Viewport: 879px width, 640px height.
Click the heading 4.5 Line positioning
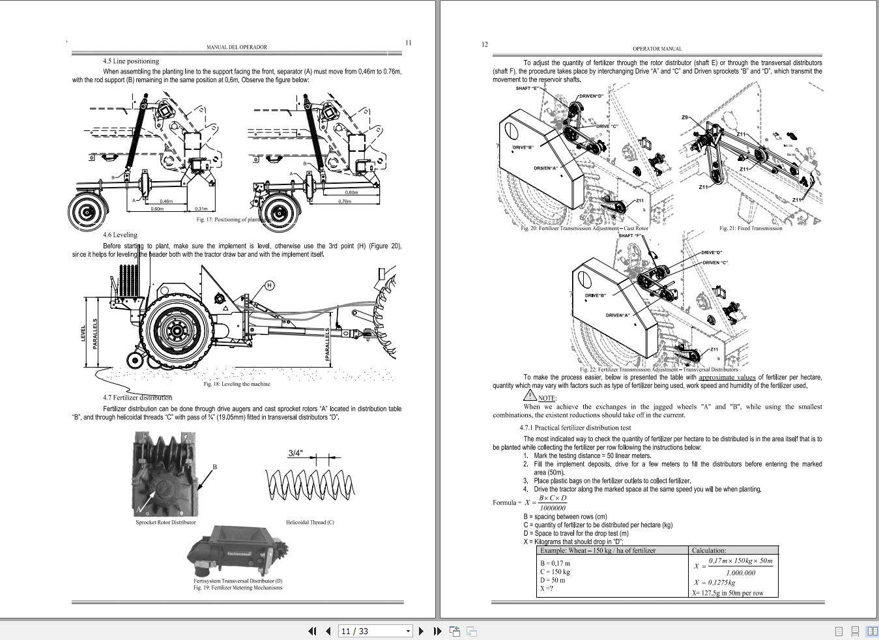(131, 61)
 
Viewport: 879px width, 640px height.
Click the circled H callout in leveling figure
(269, 285)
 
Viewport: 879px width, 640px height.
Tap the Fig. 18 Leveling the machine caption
(237, 384)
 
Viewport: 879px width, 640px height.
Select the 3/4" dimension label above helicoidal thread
(295, 453)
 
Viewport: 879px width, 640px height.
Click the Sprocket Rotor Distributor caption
(166, 522)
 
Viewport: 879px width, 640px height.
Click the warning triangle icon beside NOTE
(530, 396)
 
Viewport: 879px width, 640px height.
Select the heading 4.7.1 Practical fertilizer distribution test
(575, 428)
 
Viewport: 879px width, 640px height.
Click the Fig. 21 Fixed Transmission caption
(751, 228)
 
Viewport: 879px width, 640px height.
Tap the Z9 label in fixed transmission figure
(685, 118)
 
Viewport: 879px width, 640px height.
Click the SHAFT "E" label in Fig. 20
(528, 88)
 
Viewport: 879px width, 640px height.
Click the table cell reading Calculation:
(709, 550)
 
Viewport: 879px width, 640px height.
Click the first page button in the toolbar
(311, 631)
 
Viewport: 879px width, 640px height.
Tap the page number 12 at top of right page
(484, 44)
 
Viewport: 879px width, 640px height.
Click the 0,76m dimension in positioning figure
(344, 201)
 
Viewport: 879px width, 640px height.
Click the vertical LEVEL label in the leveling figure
(83, 333)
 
